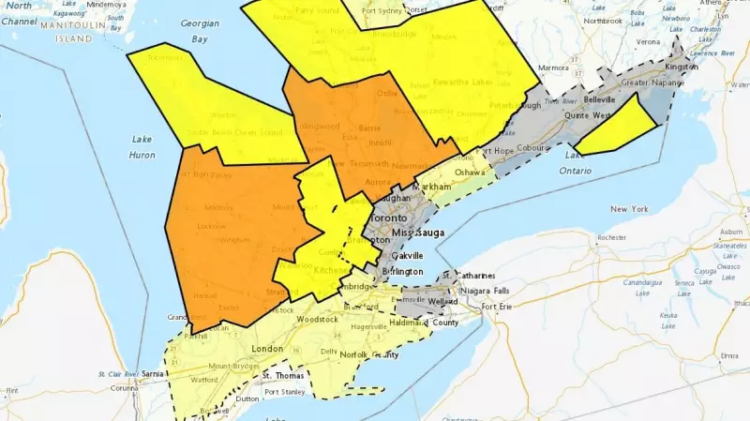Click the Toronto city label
click(392, 218)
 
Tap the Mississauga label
click(415, 232)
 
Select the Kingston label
click(681, 68)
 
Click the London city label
click(268, 349)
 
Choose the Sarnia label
click(153, 372)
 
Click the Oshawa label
click(468, 173)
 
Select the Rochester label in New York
click(611, 238)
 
